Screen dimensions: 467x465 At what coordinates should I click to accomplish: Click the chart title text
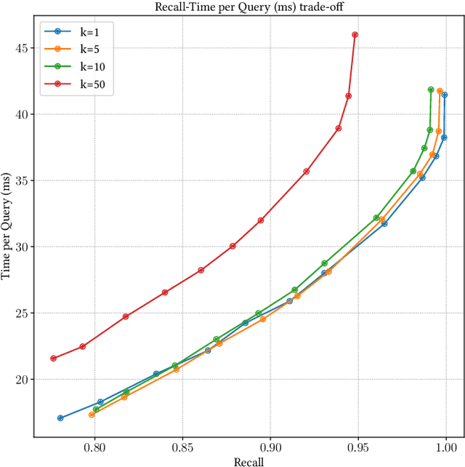(248, 7)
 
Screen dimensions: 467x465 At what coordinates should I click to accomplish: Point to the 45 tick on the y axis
(21, 48)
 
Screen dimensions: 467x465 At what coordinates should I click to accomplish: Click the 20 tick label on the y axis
(21, 379)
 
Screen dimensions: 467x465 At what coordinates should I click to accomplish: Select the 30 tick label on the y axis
(21, 247)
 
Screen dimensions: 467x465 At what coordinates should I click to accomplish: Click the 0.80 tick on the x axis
(94, 450)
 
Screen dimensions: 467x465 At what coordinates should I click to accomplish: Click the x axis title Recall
(248, 461)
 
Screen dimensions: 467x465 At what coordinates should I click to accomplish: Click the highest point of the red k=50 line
(355, 35)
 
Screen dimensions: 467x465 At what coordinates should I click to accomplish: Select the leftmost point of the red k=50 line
(53, 358)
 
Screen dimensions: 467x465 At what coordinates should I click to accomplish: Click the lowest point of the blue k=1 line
(60, 418)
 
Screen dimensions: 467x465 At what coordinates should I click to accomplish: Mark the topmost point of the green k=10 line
(431, 89)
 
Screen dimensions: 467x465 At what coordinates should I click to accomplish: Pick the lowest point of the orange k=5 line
(92, 415)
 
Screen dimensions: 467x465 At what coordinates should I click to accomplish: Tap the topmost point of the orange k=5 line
(440, 91)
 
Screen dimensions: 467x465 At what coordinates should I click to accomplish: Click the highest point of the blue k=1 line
(445, 95)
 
